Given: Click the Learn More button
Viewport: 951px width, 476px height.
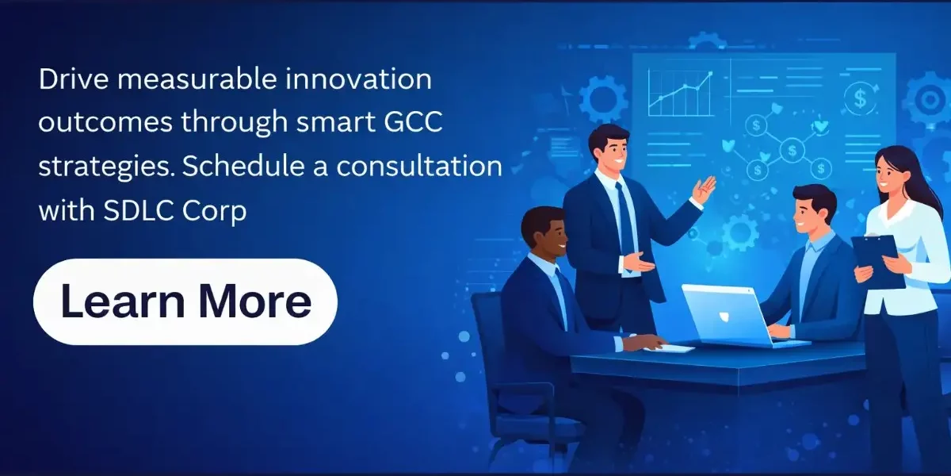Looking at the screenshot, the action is [x=185, y=301].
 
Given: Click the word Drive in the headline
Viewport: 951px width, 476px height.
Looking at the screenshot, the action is [x=74, y=79].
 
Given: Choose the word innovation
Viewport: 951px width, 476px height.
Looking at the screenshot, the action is [x=358, y=79].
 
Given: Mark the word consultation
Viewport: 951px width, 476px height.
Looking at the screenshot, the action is [x=419, y=166].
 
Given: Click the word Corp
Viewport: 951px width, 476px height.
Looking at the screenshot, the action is [x=215, y=211].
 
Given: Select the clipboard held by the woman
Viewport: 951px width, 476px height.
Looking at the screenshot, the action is [x=877, y=259].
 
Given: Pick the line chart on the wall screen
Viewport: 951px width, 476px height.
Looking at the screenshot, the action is [x=681, y=94].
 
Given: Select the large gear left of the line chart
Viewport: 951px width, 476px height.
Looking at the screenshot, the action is [x=603, y=100].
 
